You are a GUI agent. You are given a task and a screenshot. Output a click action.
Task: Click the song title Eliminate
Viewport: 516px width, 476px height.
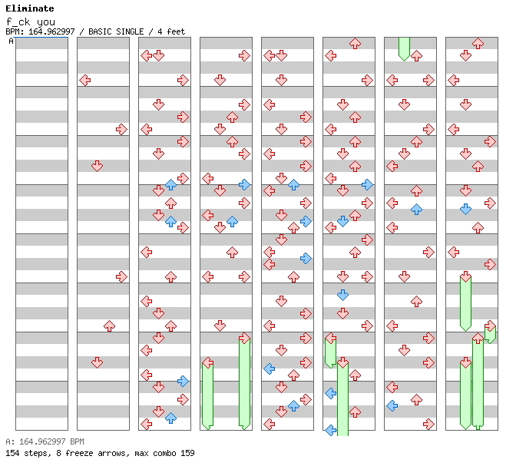coord(29,8)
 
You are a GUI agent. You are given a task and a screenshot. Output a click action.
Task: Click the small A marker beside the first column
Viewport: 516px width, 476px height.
coord(12,41)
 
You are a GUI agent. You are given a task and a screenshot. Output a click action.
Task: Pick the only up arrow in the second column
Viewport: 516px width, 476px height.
coord(109,326)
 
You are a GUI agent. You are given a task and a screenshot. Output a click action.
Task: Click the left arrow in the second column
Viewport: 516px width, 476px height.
coord(84,80)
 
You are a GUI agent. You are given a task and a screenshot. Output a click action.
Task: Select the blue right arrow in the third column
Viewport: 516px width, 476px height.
coord(183,381)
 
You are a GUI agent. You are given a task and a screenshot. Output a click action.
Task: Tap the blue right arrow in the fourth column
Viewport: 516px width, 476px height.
coord(244,184)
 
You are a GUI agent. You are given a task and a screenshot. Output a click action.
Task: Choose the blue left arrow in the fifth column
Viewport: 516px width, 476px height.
coord(269,369)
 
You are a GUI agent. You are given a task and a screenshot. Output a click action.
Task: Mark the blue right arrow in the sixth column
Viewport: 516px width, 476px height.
coord(367,184)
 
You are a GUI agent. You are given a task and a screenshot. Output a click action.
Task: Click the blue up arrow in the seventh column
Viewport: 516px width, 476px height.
coord(416,209)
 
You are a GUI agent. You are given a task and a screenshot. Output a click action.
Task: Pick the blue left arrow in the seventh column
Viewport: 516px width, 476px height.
coord(392,405)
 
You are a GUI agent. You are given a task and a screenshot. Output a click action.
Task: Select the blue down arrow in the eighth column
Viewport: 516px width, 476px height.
coord(465,209)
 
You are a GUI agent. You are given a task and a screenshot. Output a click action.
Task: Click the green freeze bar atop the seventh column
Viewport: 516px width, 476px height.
coord(404,48)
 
